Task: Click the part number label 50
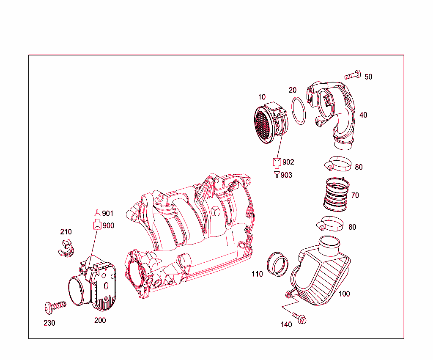[368, 77]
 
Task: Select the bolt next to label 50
[353, 76]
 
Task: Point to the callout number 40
[363, 115]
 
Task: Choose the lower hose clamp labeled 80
[330, 224]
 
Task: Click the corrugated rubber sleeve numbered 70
[337, 194]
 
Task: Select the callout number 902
[288, 162]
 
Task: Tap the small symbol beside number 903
[277, 175]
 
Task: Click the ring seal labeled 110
[278, 264]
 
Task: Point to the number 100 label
[344, 294]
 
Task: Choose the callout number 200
[100, 320]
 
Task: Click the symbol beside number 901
[97, 213]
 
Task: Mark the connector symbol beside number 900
[97, 225]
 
